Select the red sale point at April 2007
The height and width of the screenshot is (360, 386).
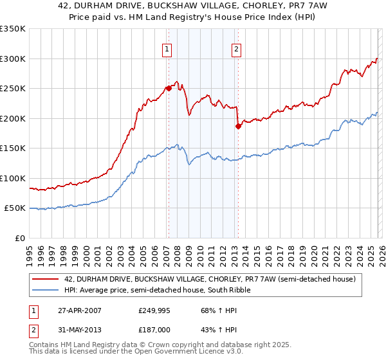pos(169,88)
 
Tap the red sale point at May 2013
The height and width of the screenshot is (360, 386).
pos(238,126)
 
